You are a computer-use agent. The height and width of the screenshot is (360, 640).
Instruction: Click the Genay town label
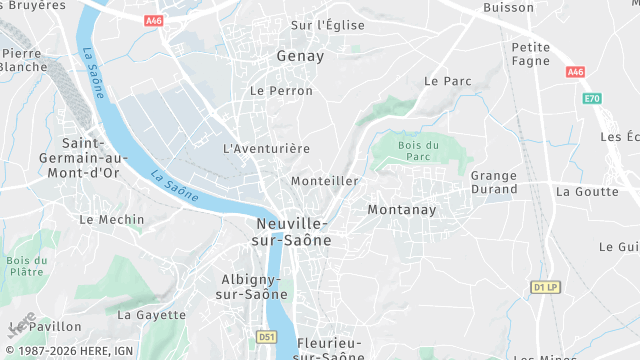(x=300, y=56)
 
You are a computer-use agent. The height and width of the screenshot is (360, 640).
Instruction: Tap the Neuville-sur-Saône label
(x=293, y=232)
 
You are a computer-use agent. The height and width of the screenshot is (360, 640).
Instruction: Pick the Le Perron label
(x=281, y=91)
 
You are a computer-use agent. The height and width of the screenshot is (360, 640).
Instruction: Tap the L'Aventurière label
(x=266, y=148)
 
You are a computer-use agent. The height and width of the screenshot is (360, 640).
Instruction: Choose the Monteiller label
(x=324, y=181)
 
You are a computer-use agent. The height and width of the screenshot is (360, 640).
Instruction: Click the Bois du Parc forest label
(x=418, y=151)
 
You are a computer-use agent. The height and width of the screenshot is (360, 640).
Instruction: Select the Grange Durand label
(x=494, y=182)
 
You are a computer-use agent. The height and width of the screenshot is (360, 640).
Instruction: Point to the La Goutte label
(x=588, y=191)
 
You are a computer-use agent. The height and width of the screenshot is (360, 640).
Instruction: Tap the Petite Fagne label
(x=531, y=54)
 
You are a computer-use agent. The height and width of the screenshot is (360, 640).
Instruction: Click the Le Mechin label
(x=111, y=219)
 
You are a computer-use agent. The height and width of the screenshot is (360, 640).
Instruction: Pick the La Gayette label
(x=152, y=314)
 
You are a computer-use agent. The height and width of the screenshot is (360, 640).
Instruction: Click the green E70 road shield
(x=592, y=99)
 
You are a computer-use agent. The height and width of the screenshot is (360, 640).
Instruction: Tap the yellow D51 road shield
(x=265, y=337)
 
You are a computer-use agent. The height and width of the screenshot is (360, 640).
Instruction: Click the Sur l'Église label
(x=327, y=25)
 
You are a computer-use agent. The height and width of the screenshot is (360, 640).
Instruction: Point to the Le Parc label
(x=447, y=81)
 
